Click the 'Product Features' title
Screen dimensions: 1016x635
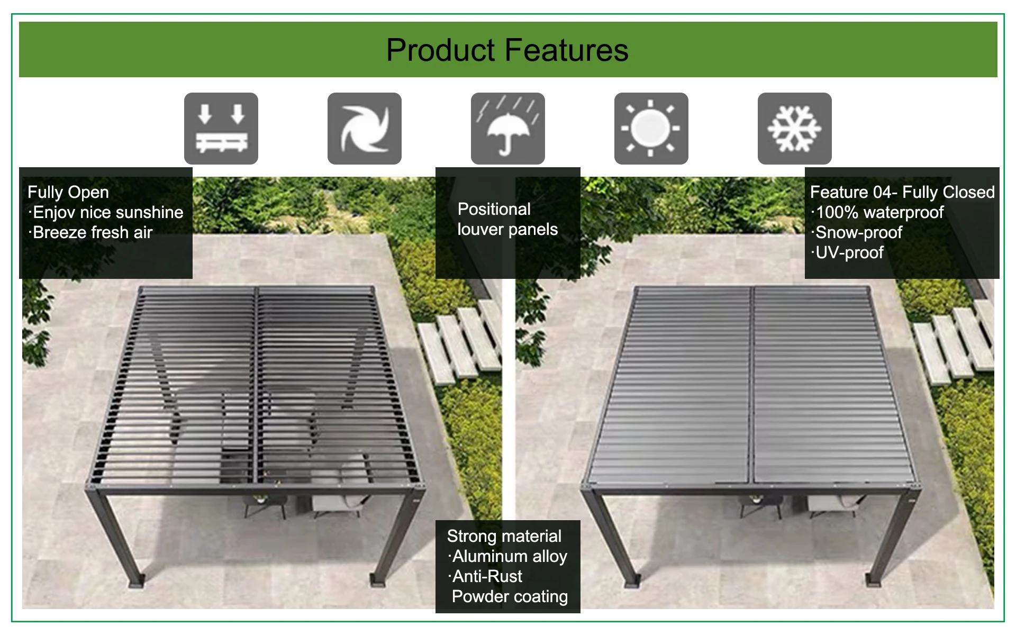pyautogui.click(x=507, y=50)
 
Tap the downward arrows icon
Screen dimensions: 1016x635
pyautogui.click(x=221, y=129)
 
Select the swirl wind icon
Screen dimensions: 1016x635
pyautogui.click(x=365, y=129)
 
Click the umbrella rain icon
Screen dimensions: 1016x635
pyautogui.click(x=508, y=129)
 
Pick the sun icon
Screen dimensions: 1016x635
pyautogui.click(x=651, y=129)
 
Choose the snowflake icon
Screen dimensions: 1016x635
pyautogui.click(x=795, y=129)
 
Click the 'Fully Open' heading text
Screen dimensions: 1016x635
pyautogui.click(x=68, y=192)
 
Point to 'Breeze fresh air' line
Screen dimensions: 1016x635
pyautogui.click(x=92, y=232)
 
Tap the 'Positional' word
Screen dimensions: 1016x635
pyautogui.click(x=494, y=209)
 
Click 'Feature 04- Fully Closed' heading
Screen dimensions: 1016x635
pyautogui.click(x=902, y=192)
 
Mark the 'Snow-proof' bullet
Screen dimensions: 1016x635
pyautogui.click(x=858, y=232)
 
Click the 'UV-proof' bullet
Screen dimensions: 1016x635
pyautogui.click(x=848, y=252)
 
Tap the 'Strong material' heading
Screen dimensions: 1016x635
pyautogui.click(x=504, y=536)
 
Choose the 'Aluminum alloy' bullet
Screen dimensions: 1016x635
pyautogui.click(x=509, y=556)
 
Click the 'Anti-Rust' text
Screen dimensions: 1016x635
pyautogui.click(x=486, y=576)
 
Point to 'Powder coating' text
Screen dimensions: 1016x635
pyautogui.click(x=510, y=596)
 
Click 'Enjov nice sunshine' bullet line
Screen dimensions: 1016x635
pyautogui.click(x=107, y=212)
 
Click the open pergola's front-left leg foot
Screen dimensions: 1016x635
pyautogui.click(x=139, y=580)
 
